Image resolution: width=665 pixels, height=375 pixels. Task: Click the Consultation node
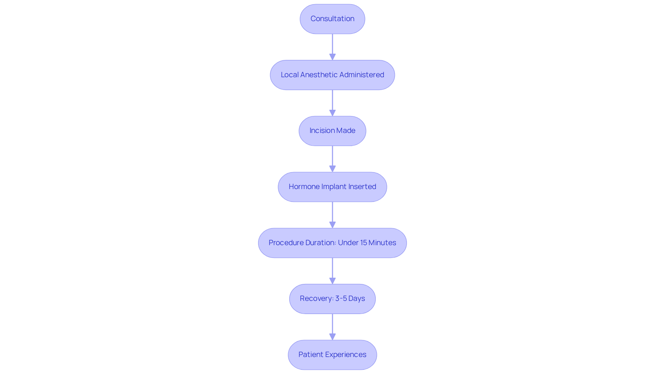pyautogui.click(x=332, y=19)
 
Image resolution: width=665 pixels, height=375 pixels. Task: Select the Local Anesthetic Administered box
pyautogui.click(x=332, y=75)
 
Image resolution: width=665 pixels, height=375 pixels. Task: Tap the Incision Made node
pyautogui.click(x=332, y=131)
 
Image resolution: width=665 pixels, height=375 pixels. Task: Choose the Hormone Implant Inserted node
pyautogui.click(x=332, y=187)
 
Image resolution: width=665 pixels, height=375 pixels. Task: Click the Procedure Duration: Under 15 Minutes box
pyautogui.click(x=332, y=243)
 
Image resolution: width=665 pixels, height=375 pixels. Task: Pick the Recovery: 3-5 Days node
pyautogui.click(x=332, y=299)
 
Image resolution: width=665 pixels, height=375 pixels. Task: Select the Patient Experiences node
pyautogui.click(x=332, y=355)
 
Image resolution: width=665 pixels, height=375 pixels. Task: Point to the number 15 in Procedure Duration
pyautogui.click(x=363, y=243)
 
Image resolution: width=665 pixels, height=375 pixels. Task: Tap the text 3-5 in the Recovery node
pyautogui.click(x=341, y=298)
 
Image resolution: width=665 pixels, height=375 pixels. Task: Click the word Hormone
pyautogui.click(x=304, y=187)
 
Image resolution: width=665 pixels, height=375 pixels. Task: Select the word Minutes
pyautogui.click(x=382, y=243)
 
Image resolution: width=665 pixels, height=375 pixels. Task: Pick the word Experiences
pyautogui.click(x=345, y=355)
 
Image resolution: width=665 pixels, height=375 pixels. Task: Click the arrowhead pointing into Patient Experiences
pyautogui.click(x=332, y=337)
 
